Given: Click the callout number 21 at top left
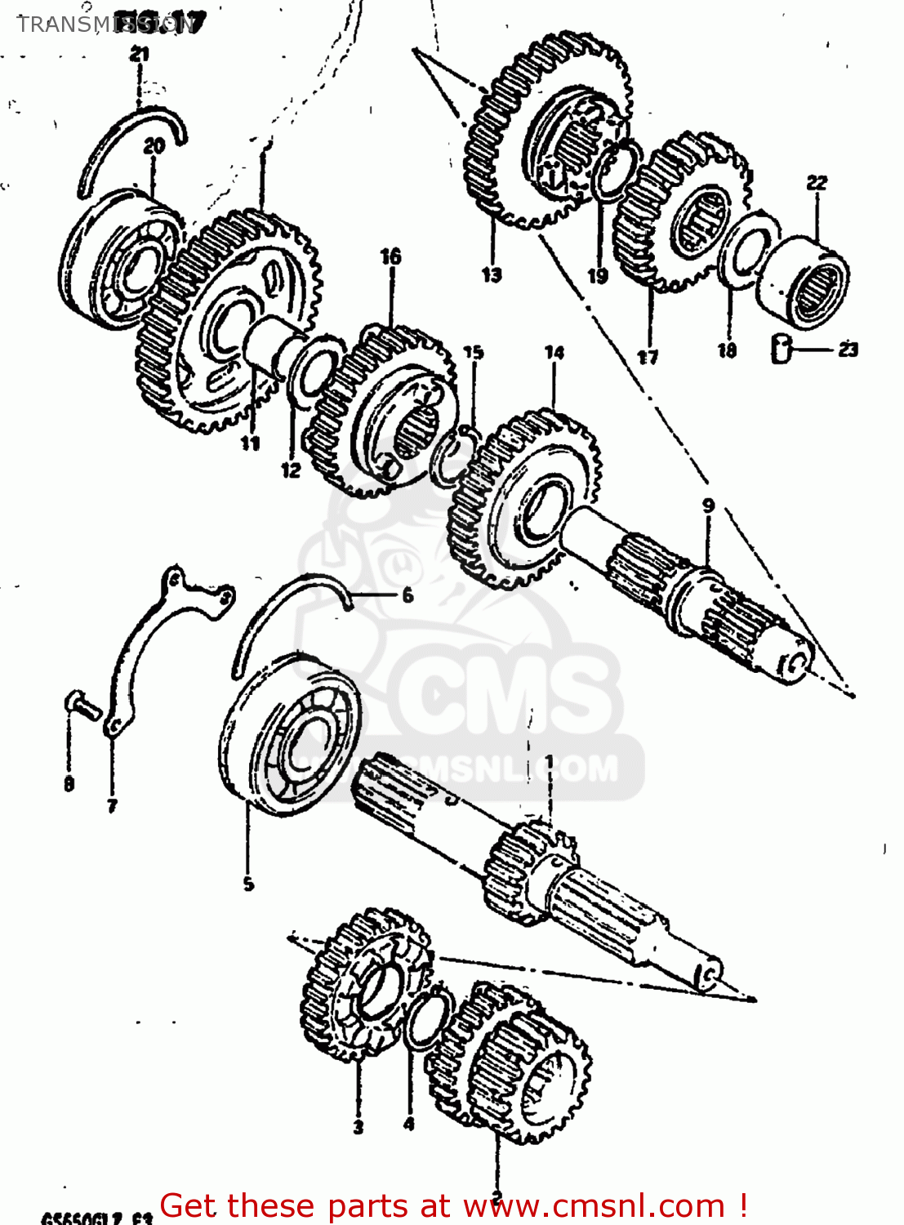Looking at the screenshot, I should click(139, 55).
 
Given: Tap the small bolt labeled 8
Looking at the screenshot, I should click(82, 705).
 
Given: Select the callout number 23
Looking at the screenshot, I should click(848, 350).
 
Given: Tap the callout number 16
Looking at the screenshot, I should click(390, 256).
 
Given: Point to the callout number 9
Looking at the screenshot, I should click(708, 506).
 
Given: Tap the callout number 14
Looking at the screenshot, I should click(554, 353).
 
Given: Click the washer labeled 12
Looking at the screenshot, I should click(313, 372).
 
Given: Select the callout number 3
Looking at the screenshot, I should click(358, 1127).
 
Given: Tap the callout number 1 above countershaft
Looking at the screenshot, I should click(549, 762).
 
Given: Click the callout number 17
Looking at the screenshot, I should click(648, 357).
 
